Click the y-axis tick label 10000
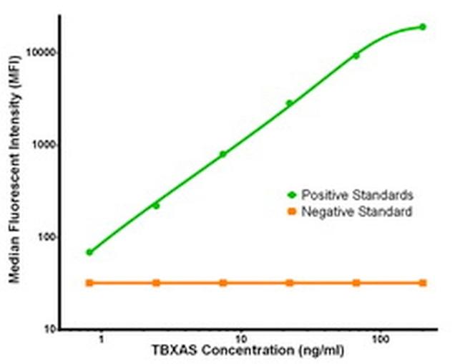click(x=41, y=53)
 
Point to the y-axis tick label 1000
click(x=44, y=145)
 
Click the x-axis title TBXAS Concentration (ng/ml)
click(x=242, y=353)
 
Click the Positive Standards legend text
click(x=357, y=195)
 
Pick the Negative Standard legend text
click(x=356, y=211)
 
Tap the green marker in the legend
click(x=292, y=195)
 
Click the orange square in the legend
click(x=292, y=211)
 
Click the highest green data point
click(x=422, y=27)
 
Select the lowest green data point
click(x=89, y=252)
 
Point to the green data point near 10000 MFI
click(x=356, y=56)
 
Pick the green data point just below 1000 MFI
click(x=222, y=154)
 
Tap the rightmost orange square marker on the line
click(x=422, y=283)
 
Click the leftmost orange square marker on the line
click(x=89, y=283)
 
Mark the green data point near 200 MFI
click(x=156, y=206)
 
